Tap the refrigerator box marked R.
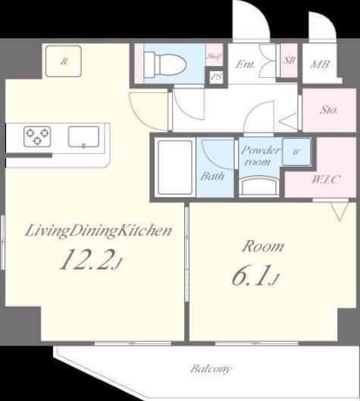click(64, 61)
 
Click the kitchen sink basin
click(81, 136)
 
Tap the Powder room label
click(255, 155)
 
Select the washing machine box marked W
click(296, 150)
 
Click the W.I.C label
click(325, 180)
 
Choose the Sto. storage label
click(328, 110)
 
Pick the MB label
click(320, 64)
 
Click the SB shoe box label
click(289, 60)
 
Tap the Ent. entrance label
click(245, 64)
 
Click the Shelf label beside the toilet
click(214, 57)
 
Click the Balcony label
click(211, 369)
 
